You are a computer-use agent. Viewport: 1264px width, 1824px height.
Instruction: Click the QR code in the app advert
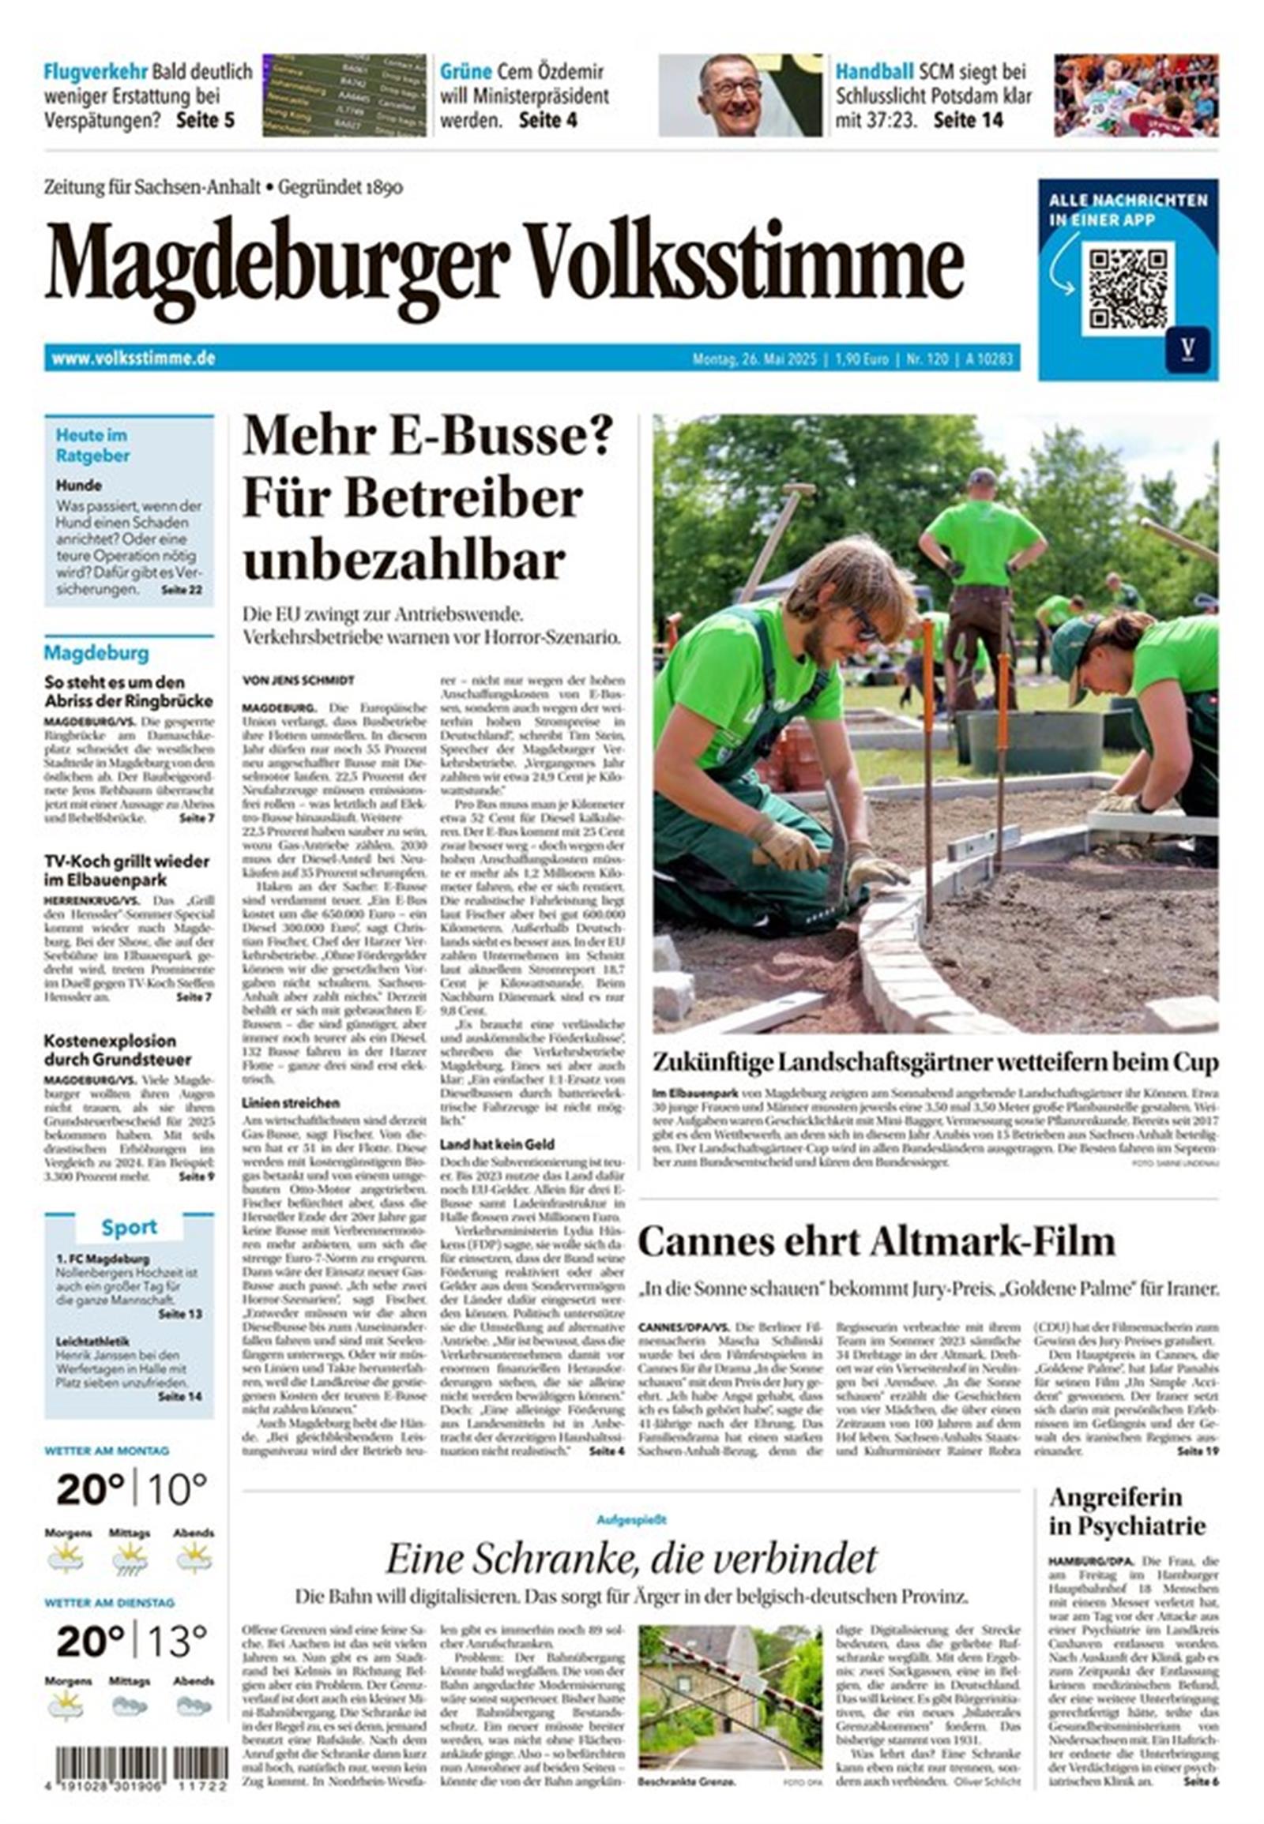(x=1128, y=287)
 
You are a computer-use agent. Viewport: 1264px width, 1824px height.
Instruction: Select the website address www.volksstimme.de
(x=134, y=358)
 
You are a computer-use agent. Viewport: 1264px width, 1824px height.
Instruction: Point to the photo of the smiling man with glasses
(x=740, y=95)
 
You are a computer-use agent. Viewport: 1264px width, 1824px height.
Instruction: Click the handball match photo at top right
(x=1136, y=95)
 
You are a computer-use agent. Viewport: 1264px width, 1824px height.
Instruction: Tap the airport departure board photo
(x=344, y=95)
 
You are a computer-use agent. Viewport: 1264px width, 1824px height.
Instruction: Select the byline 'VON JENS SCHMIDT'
(x=299, y=680)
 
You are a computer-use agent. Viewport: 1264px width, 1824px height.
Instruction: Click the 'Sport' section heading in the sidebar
(x=129, y=1228)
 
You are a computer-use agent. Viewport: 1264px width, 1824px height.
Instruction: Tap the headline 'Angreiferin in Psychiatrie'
(x=1127, y=1511)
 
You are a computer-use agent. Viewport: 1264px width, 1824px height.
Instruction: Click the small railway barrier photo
(x=728, y=1687)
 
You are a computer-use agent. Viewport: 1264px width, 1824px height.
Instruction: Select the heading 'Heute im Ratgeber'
(x=92, y=445)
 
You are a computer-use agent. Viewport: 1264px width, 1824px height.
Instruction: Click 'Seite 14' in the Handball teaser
(x=968, y=120)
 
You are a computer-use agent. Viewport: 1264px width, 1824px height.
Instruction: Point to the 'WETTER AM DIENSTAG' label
(x=109, y=1602)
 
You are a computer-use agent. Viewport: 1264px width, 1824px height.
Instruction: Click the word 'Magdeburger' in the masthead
(x=276, y=266)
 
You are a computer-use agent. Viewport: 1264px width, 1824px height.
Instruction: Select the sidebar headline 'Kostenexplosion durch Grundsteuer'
(x=118, y=1049)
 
